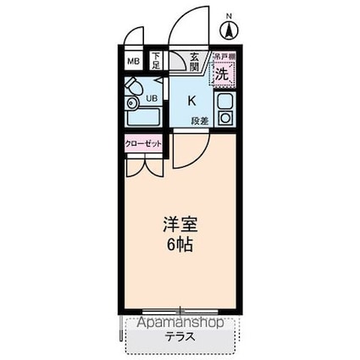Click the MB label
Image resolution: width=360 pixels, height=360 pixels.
(x=134, y=62)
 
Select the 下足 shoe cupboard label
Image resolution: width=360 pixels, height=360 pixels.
(x=157, y=61)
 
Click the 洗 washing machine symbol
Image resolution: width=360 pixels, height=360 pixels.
(x=221, y=75)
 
